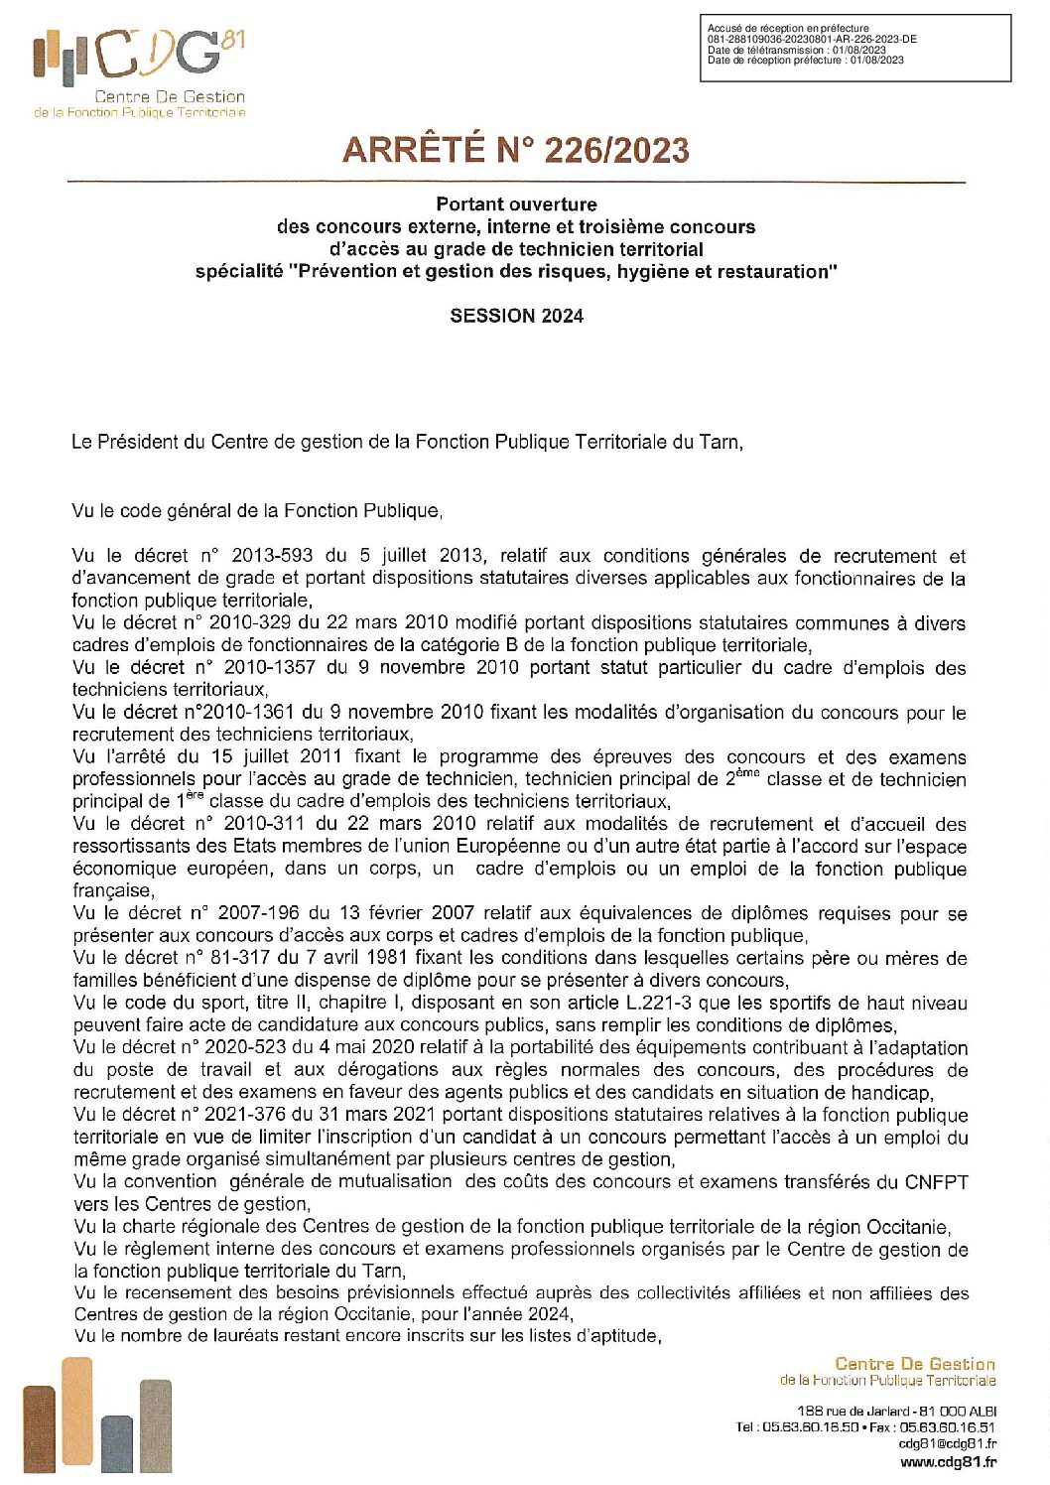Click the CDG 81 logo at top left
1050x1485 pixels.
click(x=139, y=73)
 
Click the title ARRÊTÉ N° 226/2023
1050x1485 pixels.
click(x=515, y=150)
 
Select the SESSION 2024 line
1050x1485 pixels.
click(x=516, y=316)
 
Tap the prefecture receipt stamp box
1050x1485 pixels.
click(x=854, y=48)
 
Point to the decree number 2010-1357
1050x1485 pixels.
click(x=271, y=667)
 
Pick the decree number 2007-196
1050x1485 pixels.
click(x=258, y=913)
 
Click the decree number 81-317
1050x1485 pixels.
click(x=236, y=958)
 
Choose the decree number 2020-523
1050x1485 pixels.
click(x=244, y=1047)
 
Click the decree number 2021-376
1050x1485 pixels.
click(x=244, y=1115)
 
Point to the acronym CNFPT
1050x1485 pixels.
click(x=936, y=1181)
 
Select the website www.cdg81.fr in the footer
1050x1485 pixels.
click(x=948, y=1461)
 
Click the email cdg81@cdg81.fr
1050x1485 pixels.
click(x=948, y=1444)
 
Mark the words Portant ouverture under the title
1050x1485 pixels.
click(x=516, y=204)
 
